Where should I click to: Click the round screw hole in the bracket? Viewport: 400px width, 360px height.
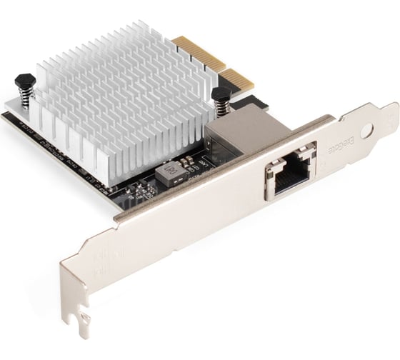point(367,131)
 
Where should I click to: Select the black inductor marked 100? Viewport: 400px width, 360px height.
point(170,173)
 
